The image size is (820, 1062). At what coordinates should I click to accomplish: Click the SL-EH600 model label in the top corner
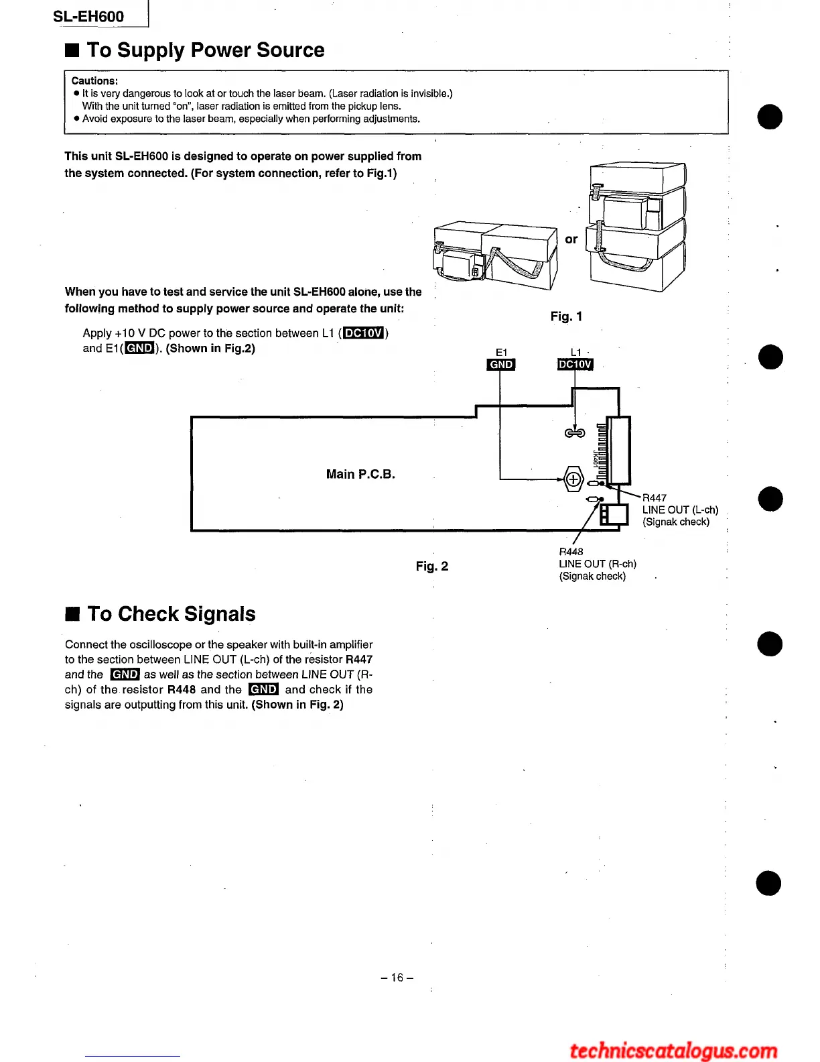88,17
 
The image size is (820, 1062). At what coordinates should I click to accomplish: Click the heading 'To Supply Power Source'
205,50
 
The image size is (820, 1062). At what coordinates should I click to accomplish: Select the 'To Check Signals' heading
171,614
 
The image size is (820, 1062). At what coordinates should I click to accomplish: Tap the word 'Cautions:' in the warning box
94,81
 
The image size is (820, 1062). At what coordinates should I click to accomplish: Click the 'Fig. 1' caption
566,316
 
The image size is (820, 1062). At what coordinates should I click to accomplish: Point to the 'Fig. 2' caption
431,567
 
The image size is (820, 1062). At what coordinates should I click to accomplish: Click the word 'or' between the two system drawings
571,239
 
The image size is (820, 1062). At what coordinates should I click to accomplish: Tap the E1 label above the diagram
501,352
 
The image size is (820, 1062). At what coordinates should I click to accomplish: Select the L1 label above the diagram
575,352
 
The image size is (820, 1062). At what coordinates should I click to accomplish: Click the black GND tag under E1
501,365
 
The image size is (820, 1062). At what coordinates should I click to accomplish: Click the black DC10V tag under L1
575,365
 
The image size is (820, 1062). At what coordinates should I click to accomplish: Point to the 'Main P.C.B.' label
360,475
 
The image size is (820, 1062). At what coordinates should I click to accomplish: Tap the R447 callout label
654,498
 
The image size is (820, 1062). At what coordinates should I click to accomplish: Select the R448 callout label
571,552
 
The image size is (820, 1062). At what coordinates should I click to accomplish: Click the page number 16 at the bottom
397,978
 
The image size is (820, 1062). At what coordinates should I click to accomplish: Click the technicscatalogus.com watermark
673,1050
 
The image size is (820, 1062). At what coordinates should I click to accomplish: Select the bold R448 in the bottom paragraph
181,690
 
